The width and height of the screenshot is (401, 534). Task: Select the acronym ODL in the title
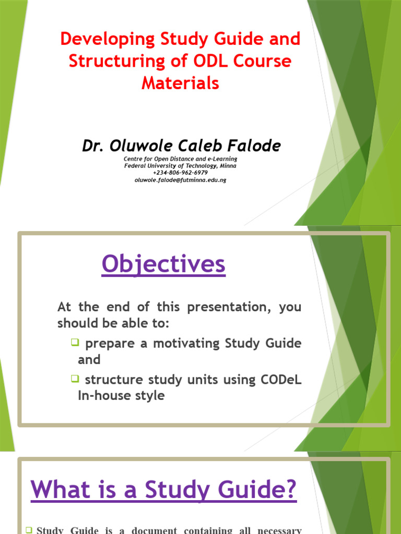[x=213, y=60]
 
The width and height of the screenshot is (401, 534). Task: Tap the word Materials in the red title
[x=180, y=82]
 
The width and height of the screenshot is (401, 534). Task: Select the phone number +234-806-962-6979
[x=180, y=173]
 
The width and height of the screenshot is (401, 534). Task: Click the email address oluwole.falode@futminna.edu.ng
[x=180, y=179]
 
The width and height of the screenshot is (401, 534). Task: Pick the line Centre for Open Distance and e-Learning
[x=180, y=159]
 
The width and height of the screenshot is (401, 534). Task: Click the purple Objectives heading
[x=163, y=264]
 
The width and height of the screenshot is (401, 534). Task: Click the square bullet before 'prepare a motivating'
[x=74, y=342]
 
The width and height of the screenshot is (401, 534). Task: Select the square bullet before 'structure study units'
[x=74, y=379]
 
